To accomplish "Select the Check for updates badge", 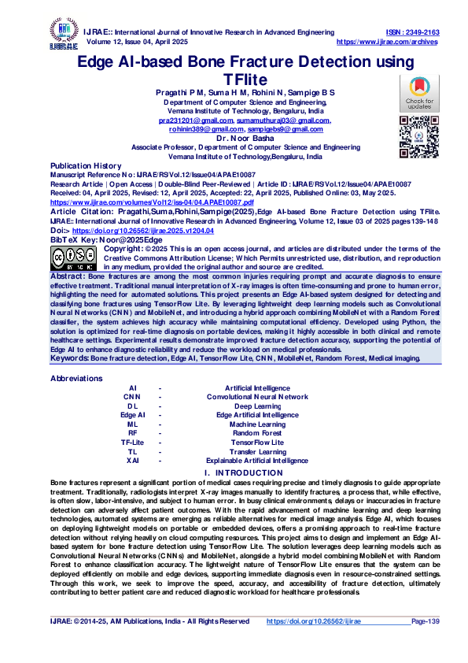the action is point(418,93).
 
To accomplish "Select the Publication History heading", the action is point(86,166).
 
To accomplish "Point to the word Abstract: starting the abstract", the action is point(68,277).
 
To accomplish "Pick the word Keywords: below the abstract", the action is point(70,358).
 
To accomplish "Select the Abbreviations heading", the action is point(76,378).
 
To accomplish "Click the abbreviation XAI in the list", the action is point(133,461).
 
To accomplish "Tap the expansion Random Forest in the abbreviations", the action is point(257,432).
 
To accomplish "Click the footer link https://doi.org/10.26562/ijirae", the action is point(313,621).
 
